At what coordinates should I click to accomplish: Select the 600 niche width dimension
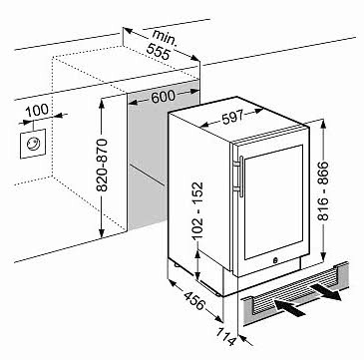click(163, 97)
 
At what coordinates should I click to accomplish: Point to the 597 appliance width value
click(233, 118)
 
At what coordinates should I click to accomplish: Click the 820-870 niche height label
click(103, 165)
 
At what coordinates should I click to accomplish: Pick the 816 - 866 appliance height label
click(322, 191)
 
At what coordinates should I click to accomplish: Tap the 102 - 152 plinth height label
click(197, 210)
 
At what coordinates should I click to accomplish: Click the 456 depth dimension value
click(193, 301)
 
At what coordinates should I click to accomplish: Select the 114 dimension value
click(227, 336)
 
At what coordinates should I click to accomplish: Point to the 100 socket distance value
click(37, 110)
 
